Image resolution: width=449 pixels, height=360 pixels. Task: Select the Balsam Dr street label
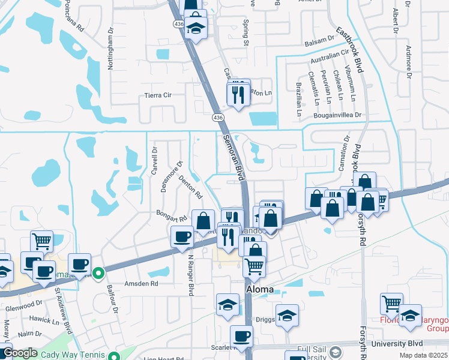pos(319,40)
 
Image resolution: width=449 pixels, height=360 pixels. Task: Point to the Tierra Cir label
pos(158,95)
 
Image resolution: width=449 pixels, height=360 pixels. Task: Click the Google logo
pos(20,352)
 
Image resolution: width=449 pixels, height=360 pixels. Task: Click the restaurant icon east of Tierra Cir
pos(238,94)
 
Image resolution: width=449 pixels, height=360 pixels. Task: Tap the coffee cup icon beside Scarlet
pos(241,337)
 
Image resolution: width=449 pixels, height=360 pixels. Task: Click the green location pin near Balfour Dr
pos(101,275)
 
